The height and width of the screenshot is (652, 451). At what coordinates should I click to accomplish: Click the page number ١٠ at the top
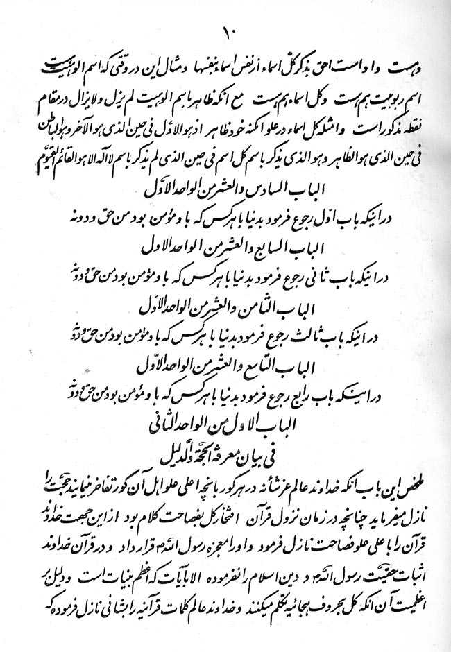click(226, 32)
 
